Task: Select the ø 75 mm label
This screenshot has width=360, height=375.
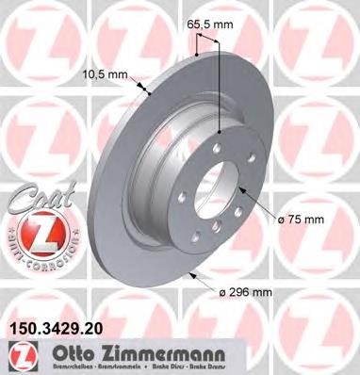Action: [x=302, y=220]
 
